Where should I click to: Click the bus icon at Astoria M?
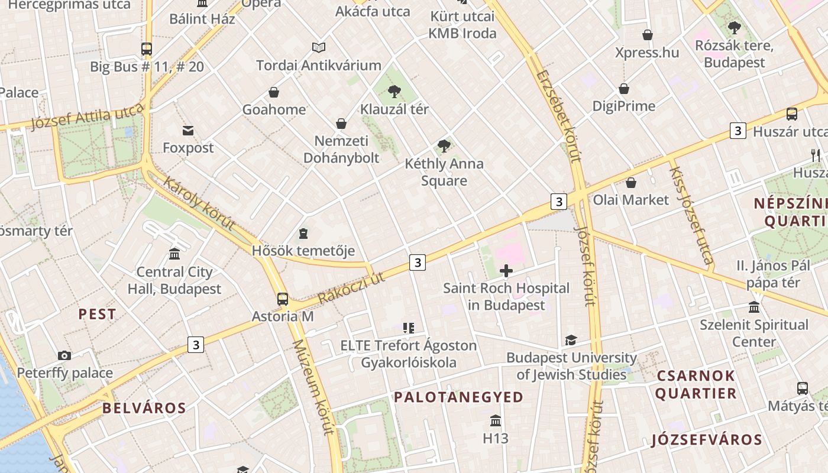tap(283, 299)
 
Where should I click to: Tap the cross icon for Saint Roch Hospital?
tap(506, 271)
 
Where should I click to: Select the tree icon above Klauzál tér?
tap(394, 92)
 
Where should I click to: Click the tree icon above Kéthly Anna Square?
tap(444, 146)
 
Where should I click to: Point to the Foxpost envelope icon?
tap(188, 130)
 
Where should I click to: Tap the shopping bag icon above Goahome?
tap(274, 92)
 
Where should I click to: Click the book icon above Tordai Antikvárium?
tap(319, 47)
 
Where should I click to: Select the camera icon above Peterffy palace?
tap(64, 355)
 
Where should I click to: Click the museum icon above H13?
tap(496, 421)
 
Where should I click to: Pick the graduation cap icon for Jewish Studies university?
tap(571, 340)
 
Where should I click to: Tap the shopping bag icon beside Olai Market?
tap(631, 183)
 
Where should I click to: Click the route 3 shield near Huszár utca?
tap(738, 131)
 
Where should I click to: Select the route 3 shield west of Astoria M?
tap(196, 344)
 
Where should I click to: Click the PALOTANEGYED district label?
tap(459, 397)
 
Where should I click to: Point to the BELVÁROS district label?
tap(144, 408)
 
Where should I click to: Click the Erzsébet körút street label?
tap(559, 115)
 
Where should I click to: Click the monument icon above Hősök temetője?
tap(303, 234)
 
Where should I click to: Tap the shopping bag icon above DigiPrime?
tap(624, 89)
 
